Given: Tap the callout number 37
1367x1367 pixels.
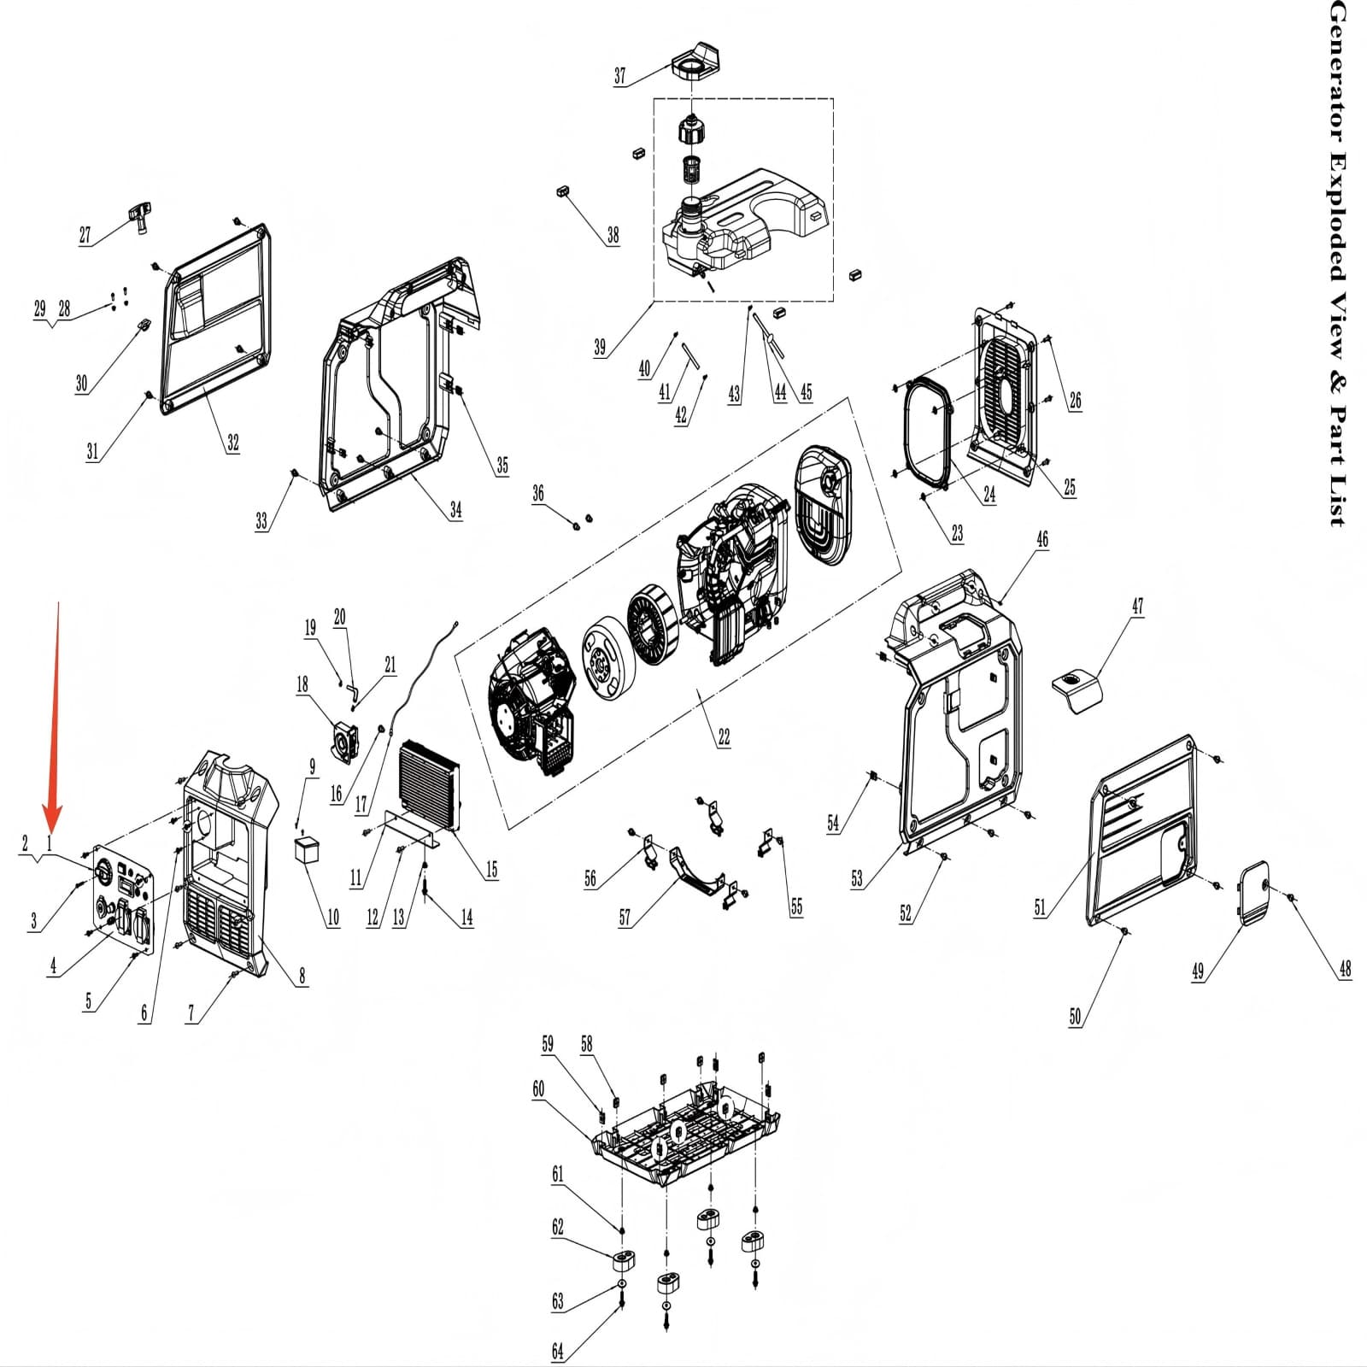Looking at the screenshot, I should tap(620, 76).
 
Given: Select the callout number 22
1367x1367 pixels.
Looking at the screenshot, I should tap(724, 736).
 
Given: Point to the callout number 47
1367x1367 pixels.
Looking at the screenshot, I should tap(1137, 607).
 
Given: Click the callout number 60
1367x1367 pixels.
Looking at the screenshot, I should tap(538, 1088).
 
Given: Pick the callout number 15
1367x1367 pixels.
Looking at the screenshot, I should tap(491, 870).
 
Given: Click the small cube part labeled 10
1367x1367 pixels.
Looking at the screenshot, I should tap(307, 851).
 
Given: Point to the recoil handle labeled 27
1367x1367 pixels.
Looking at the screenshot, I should tap(138, 214).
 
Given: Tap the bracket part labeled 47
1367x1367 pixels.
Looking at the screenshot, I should tap(1076, 688).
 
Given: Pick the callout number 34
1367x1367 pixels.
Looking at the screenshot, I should tap(456, 510).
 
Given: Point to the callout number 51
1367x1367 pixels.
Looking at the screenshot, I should tap(1040, 907).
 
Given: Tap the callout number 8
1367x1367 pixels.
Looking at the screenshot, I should tap(302, 976).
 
